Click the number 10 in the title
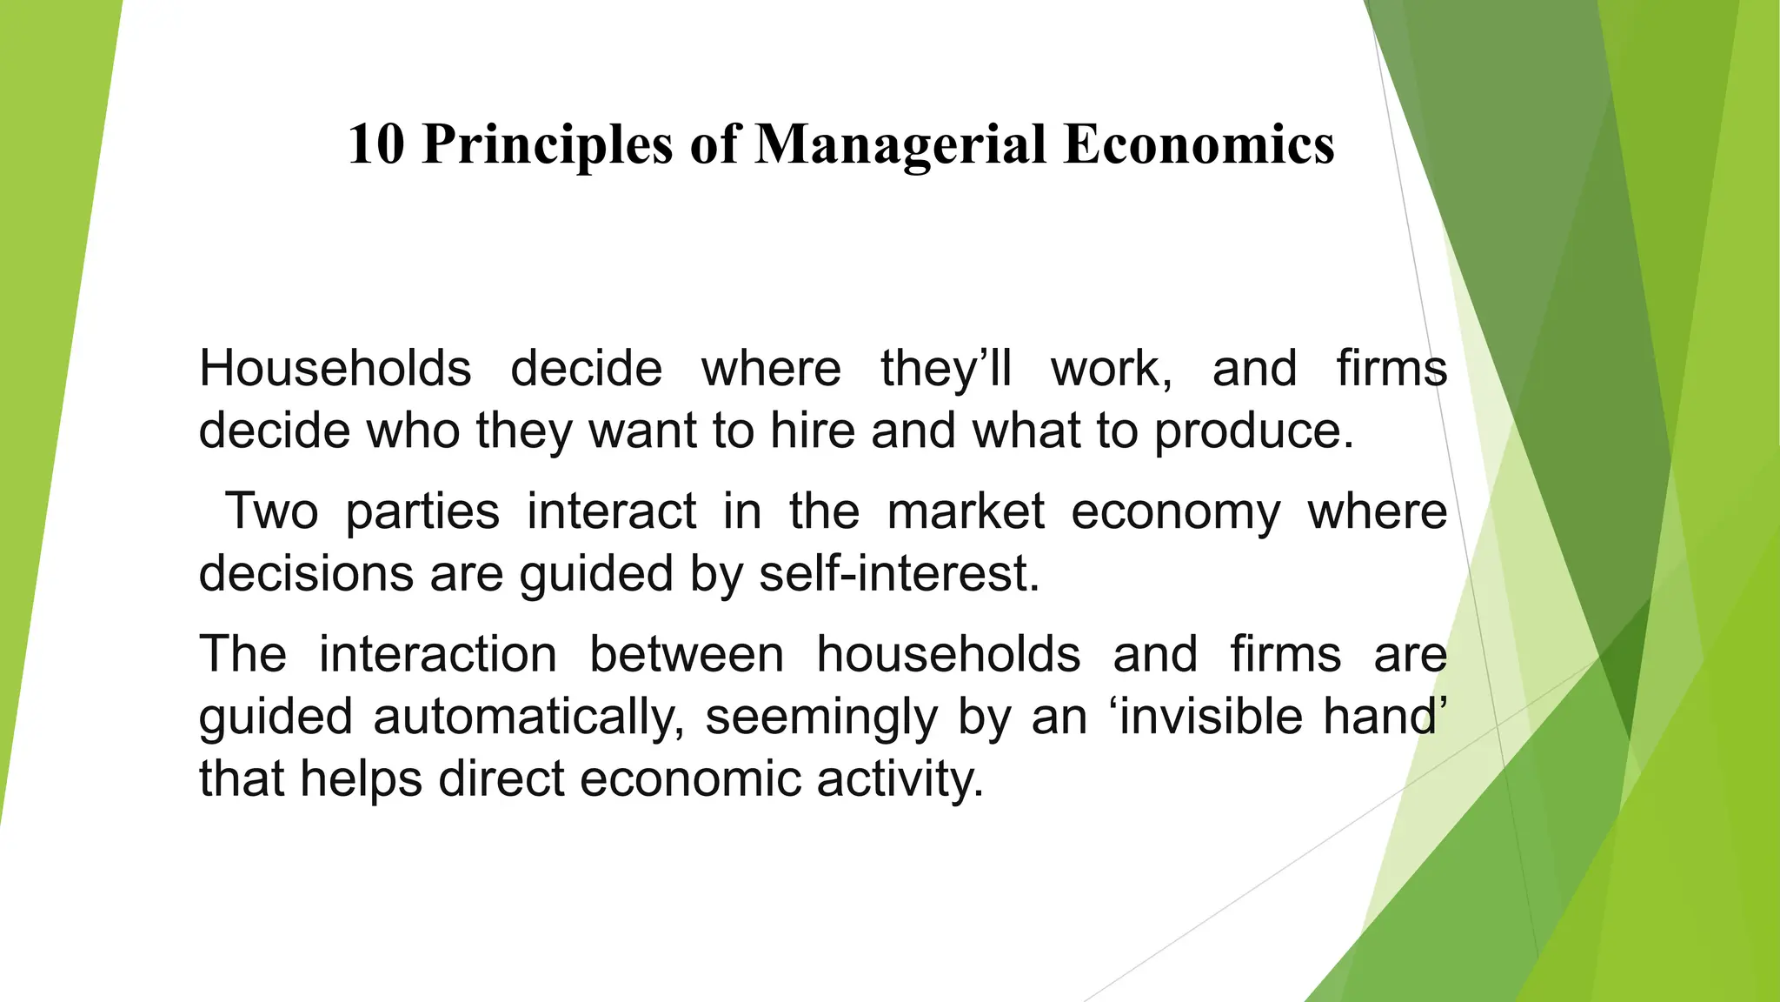376,144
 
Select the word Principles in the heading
547,145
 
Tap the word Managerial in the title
900,145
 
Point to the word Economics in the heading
1199,144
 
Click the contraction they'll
946,369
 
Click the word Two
271,511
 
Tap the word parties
422,512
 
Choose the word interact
611,511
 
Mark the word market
965,511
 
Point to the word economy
1175,512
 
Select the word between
687,654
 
